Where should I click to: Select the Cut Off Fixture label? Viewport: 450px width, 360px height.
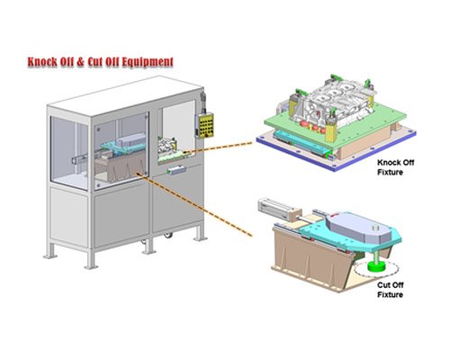391,290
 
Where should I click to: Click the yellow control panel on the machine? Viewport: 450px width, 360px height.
206,125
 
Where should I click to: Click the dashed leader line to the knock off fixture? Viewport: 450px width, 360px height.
218,148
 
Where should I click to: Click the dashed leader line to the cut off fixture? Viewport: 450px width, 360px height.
194,204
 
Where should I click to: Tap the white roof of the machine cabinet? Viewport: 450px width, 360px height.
124,95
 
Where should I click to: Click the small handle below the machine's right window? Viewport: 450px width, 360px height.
176,170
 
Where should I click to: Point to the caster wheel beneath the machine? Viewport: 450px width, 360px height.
168,235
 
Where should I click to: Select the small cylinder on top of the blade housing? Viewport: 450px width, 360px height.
376,228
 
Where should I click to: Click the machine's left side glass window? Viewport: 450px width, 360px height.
69,153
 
